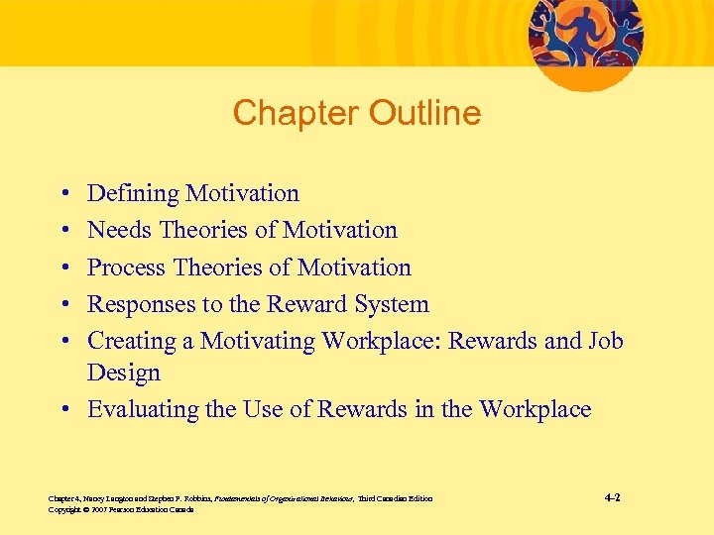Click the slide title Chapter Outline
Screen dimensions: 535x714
coord(356,113)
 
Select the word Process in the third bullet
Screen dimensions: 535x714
coord(127,267)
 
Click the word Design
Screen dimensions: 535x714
coord(123,373)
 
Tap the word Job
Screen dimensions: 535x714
coord(603,341)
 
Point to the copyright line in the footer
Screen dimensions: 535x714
coord(120,509)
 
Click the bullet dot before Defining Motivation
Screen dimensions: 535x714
coord(63,194)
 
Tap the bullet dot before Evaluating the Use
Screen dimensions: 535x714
coord(63,410)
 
